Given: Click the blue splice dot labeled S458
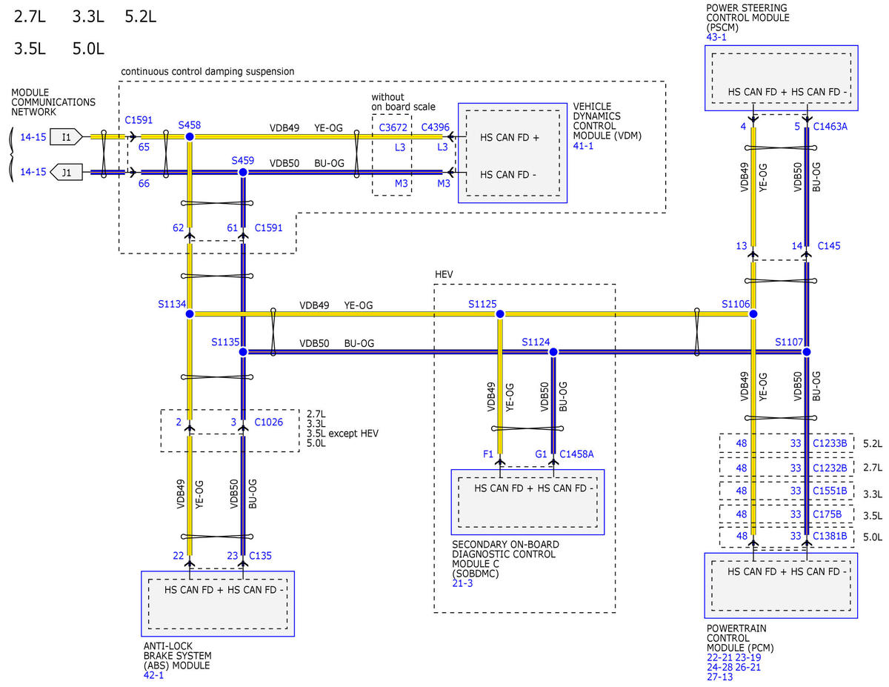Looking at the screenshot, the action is [x=190, y=136].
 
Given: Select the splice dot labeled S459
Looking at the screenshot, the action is [x=243, y=172].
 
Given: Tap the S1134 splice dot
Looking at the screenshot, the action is [x=190, y=313].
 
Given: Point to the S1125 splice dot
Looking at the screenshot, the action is [x=500, y=313].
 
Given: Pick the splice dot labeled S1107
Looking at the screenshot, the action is [x=806, y=352].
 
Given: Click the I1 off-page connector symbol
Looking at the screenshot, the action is [x=66, y=136].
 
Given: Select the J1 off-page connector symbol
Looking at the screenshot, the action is [x=66, y=172].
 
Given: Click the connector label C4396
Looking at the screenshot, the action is [x=436, y=127].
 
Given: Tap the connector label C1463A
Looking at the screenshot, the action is [x=830, y=127].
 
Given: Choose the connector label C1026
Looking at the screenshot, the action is [x=268, y=422].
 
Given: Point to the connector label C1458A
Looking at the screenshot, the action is [x=576, y=454].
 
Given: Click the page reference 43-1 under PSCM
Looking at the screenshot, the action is [x=716, y=37].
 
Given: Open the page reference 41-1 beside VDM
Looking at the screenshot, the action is [x=583, y=146].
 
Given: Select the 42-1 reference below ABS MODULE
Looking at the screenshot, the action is [x=153, y=674].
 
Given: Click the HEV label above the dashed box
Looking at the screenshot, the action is [x=444, y=274].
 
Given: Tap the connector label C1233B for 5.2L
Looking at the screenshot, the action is [x=830, y=443].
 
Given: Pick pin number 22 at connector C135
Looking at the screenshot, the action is [x=178, y=556].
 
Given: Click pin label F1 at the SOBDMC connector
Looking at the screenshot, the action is [x=488, y=454].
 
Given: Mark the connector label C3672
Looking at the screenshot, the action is [x=393, y=127].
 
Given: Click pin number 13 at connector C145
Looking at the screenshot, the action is [x=742, y=246].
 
